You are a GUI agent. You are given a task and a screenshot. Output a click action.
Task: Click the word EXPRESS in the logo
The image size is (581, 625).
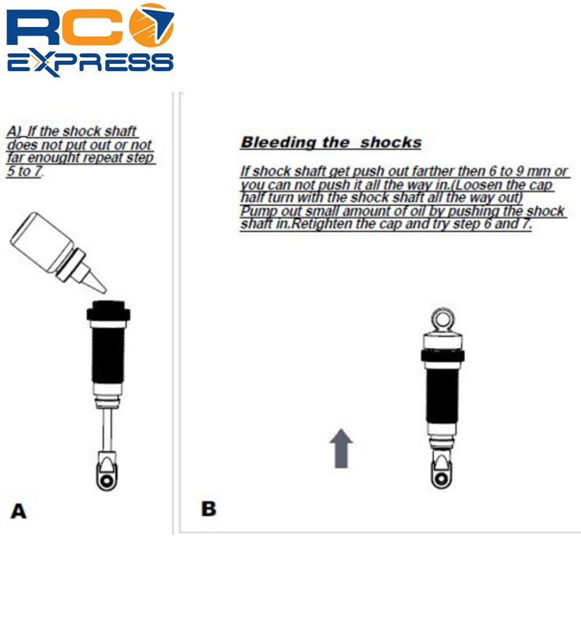(x=90, y=63)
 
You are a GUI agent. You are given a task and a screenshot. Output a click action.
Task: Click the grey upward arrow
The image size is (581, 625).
(x=341, y=448)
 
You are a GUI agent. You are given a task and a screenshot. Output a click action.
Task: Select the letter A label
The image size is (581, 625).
(x=18, y=511)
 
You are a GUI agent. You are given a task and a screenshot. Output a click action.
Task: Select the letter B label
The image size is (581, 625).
(x=208, y=509)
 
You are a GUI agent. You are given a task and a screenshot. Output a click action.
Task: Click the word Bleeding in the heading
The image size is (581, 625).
(x=273, y=142)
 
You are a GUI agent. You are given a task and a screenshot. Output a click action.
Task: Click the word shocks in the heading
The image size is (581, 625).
(x=391, y=142)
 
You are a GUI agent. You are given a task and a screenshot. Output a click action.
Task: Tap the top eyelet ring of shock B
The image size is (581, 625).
(x=442, y=311)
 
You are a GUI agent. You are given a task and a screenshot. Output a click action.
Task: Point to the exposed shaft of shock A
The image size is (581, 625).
(x=107, y=430)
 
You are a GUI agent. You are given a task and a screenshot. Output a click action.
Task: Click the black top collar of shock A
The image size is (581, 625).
(x=108, y=310)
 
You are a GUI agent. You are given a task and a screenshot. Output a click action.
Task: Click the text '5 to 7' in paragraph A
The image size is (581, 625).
(x=24, y=171)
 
